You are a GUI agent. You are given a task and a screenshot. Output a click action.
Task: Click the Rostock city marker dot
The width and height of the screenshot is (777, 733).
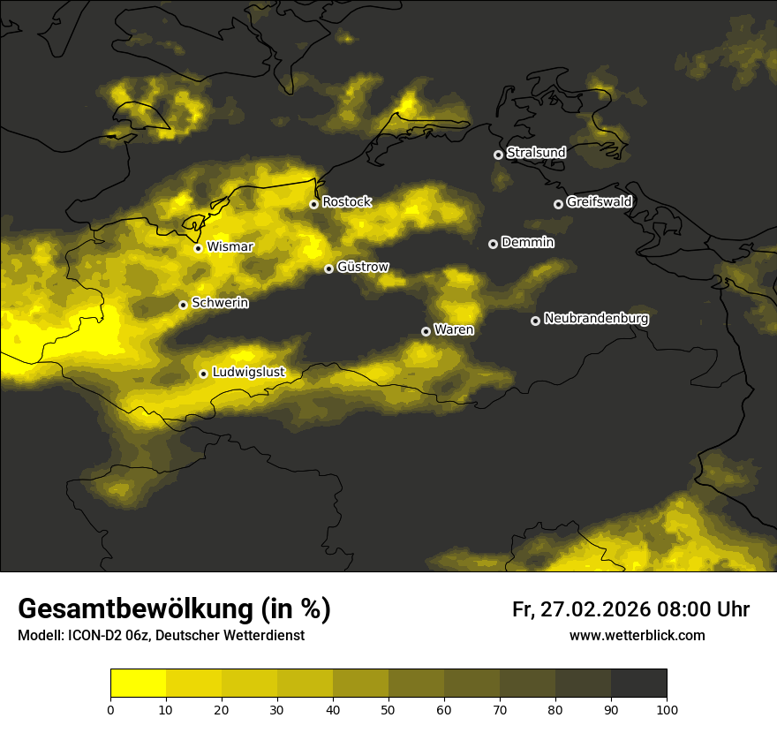pos(313,204)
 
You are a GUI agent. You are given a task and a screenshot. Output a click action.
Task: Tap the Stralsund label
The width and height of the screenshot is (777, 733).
pos(536,153)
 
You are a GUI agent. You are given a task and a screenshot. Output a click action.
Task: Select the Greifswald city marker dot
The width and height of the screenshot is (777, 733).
pos(558,204)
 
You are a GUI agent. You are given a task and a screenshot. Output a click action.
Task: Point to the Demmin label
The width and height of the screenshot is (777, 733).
pos(527,242)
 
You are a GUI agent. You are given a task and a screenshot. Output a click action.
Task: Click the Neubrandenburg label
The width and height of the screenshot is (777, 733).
pos(596,318)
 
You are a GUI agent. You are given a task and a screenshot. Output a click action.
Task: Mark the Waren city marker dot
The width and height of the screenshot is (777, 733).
pos(426,331)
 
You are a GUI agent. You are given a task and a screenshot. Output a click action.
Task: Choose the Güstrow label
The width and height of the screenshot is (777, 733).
pos(363,266)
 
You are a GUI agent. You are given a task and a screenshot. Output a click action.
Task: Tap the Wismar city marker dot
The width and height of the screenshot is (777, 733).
pos(198,248)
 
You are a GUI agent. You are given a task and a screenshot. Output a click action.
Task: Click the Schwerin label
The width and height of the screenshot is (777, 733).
pos(220,302)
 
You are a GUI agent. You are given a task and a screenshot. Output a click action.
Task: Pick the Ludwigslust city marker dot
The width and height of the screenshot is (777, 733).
pos(203,374)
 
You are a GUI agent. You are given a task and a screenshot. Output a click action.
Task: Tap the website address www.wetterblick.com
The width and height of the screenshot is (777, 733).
pos(637,636)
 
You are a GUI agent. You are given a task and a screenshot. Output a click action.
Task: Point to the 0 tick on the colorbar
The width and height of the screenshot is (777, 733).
pos(110,709)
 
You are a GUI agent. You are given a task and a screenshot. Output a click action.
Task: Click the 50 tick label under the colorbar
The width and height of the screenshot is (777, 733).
pos(388,709)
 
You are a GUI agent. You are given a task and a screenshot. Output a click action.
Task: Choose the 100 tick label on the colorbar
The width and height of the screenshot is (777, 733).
pos(667,709)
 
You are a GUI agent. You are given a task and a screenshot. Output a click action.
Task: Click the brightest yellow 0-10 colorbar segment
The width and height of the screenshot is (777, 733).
pos(138,684)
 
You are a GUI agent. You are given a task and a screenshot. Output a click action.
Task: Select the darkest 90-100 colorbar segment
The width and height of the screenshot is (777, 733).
pos(638,684)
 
